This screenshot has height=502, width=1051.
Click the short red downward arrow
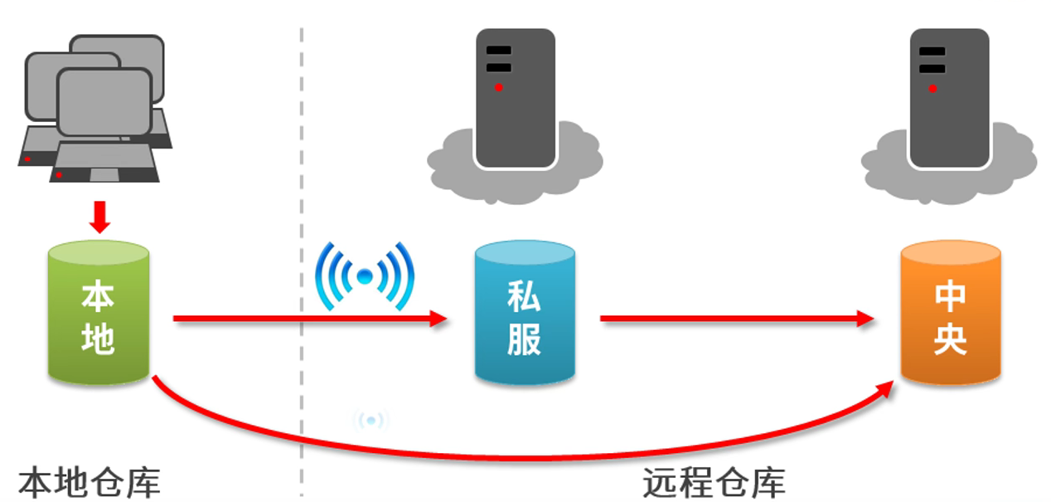click(x=100, y=217)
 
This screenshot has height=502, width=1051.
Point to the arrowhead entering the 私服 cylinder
click(x=439, y=319)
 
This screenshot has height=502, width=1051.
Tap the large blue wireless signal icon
click(x=364, y=276)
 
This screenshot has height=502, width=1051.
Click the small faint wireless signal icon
click(x=371, y=421)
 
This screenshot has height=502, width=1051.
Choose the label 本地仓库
click(x=89, y=482)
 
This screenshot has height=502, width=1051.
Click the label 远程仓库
click(x=714, y=482)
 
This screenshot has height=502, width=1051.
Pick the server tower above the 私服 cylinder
click(x=515, y=98)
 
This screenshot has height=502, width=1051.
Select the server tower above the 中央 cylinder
click(x=949, y=98)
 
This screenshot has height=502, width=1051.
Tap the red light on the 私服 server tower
click(x=499, y=87)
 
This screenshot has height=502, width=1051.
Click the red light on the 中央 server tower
click(x=932, y=88)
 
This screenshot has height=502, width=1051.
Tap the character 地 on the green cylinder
click(x=98, y=339)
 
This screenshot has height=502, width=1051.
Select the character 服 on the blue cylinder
click(x=524, y=339)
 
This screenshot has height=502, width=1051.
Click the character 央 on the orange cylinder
click(x=950, y=339)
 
